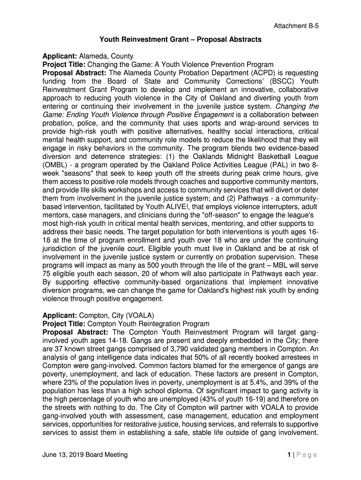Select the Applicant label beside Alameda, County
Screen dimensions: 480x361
tap(60, 56)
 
